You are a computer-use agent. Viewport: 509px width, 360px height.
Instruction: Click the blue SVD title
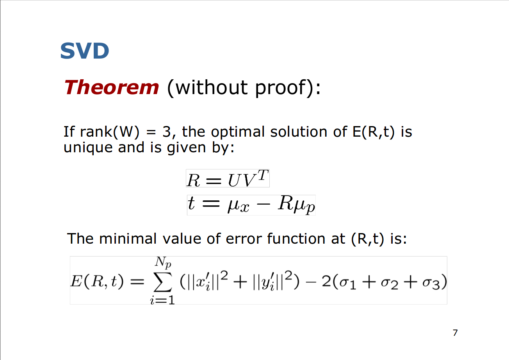[x=85, y=51]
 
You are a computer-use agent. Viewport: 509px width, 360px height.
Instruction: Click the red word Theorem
[x=112, y=87]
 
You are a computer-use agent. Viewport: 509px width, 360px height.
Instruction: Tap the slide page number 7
[x=455, y=333]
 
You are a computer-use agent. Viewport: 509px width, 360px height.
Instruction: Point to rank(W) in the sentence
[x=110, y=132]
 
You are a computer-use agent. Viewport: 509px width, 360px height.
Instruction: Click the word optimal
[x=238, y=132]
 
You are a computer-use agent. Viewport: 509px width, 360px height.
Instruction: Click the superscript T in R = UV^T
[x=263, y=175]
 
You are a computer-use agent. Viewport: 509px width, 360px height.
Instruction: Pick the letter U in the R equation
[x=233, y=181]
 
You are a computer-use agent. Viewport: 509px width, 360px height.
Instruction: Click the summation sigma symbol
[x=163, y=282]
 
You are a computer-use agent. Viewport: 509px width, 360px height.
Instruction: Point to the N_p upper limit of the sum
[x=163, y=262]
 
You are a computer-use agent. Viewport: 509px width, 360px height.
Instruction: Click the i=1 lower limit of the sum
[x=162, y=300]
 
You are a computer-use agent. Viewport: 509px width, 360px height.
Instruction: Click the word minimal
[x=128, y=239]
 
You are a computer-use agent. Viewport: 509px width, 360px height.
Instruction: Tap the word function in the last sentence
[x=296, y=239]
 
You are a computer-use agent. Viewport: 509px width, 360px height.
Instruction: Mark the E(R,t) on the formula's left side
[x=97, y=282]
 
